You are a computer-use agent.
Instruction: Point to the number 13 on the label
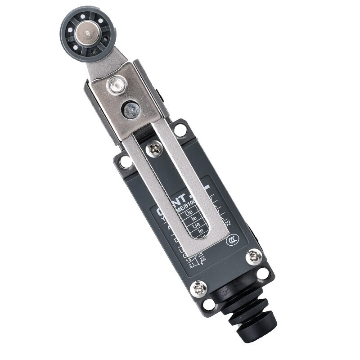click(189, 260)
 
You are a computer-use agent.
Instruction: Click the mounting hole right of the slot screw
click(180, 130)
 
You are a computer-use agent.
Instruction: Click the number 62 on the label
click(227, 223)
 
